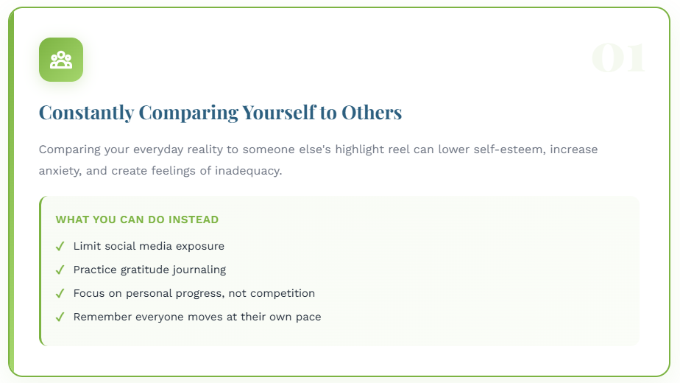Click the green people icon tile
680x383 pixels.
pos(61,60)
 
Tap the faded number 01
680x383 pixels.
pos(618,58)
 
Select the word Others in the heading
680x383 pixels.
pos(372,113)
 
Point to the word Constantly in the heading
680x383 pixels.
pos(86,113)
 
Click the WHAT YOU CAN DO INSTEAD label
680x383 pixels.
pos(137,219)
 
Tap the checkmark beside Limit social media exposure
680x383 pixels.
pos(60,247)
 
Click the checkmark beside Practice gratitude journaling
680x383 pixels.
pos(60,270)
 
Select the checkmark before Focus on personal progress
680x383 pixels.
pos(60,294)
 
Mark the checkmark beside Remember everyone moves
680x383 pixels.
pos(60,317)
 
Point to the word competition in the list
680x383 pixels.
pos(283,293)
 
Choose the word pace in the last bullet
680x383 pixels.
pos(309,317)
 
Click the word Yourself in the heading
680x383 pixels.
pos(278,113)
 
